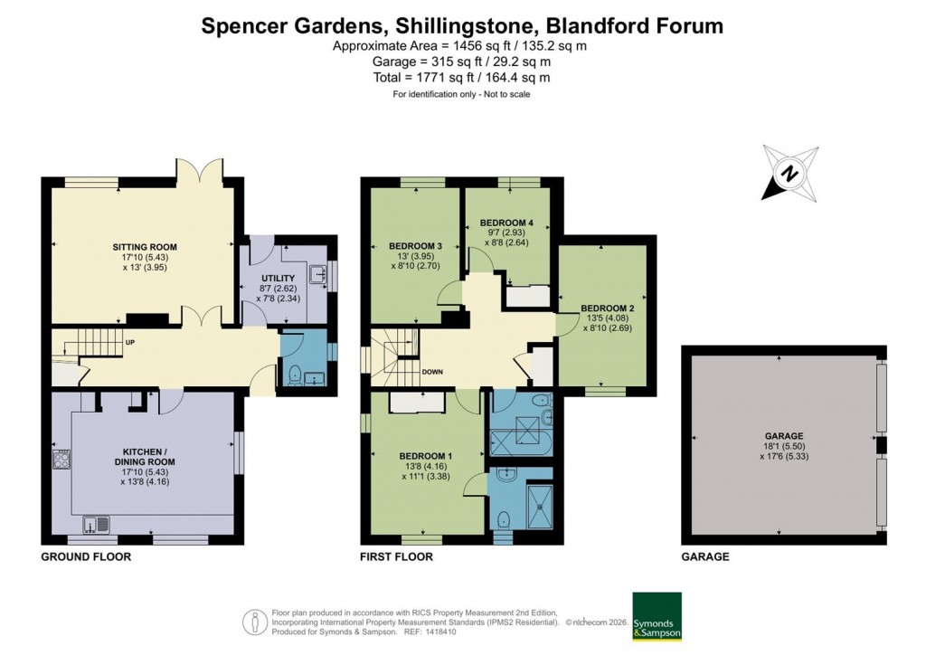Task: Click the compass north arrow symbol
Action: tap(789, 172)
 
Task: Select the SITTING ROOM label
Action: tap(145, 246)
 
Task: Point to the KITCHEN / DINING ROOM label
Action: tap(149, 456)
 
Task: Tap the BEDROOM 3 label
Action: tap(415, 246)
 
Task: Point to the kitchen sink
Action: tap(95, 523)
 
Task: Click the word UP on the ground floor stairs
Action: tap(130, 343)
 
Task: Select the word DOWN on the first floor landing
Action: tap(432, 372)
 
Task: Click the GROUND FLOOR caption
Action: tap(86, 557)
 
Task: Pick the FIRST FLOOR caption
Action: tap(396, 557)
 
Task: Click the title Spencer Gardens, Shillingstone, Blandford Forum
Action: tap(462, 25)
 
